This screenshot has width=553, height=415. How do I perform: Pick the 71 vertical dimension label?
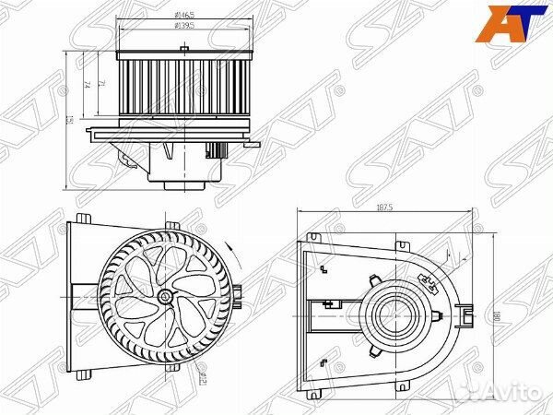click(x=101, y=86)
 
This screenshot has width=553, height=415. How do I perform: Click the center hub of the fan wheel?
click(x=164, y=296)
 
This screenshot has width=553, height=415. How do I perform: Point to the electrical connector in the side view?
click(x=219, y=150)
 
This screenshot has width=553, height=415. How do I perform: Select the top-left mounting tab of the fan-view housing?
click(x=83, y=219)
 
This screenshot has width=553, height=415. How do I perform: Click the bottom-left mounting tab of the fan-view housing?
click(x=84, y=373)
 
